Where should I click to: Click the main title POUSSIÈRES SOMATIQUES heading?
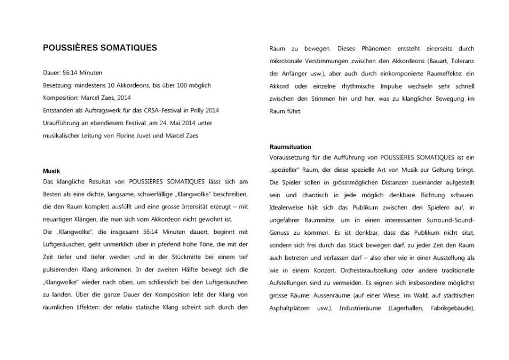click(x=100, y=48)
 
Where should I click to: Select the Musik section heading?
click(x=51, y=171)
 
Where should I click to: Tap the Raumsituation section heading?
click(x=290, y=147)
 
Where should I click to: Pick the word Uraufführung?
click(x=60, y=123)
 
